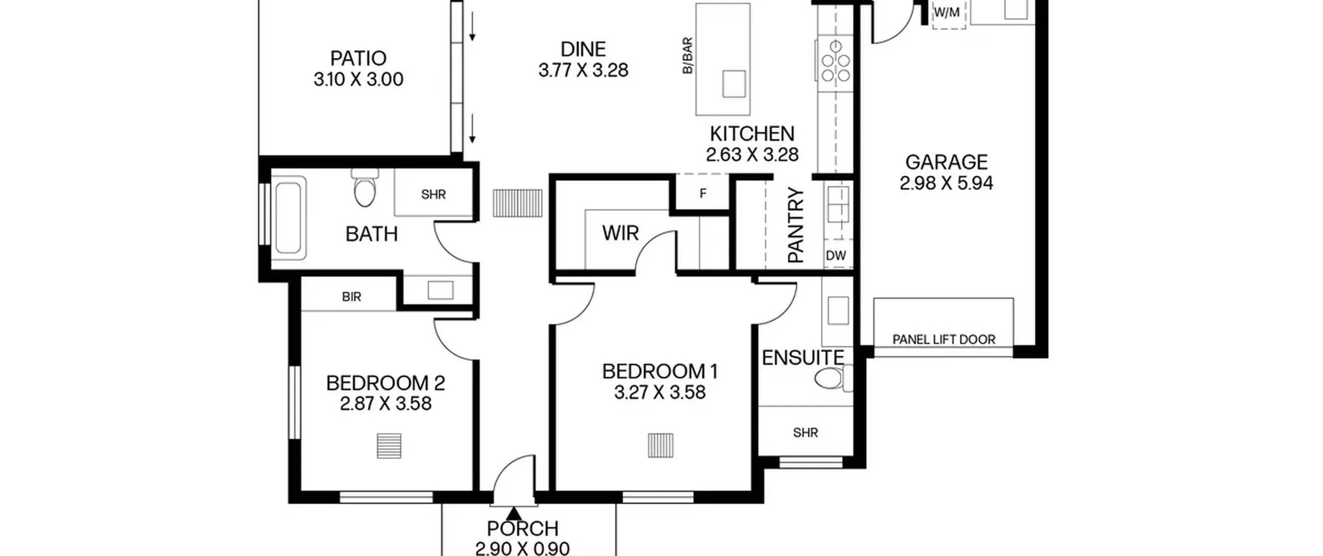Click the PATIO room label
[x=358, y=58]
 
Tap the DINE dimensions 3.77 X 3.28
[x=583, y=70]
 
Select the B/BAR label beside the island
[x=687, y=55]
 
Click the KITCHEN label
[x=752, y=134]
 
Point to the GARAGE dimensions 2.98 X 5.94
[x=946, y=183]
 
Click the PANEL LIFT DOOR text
[x=944, y=340]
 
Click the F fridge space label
[x=702, y=193]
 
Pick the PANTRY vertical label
[x=796, y=225]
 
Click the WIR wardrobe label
[x=620, y=233]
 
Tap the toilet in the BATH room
[x=365, y=187]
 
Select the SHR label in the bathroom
[x=433, y=194]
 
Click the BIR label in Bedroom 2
[x=351, y=297]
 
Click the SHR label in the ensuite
[x=805, y=432]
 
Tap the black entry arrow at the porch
[x=513, y=514]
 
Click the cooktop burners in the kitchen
[x=836, y=62]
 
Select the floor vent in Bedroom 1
[x=660, y=445]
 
